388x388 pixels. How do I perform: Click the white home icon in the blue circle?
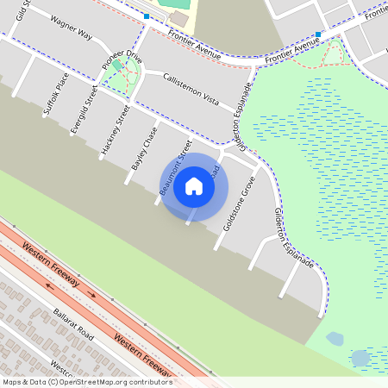(194, 186)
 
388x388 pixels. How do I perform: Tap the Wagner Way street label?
(71, 28)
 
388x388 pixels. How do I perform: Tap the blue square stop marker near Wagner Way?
(147, 16)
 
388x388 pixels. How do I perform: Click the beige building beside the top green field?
(178, 18)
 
